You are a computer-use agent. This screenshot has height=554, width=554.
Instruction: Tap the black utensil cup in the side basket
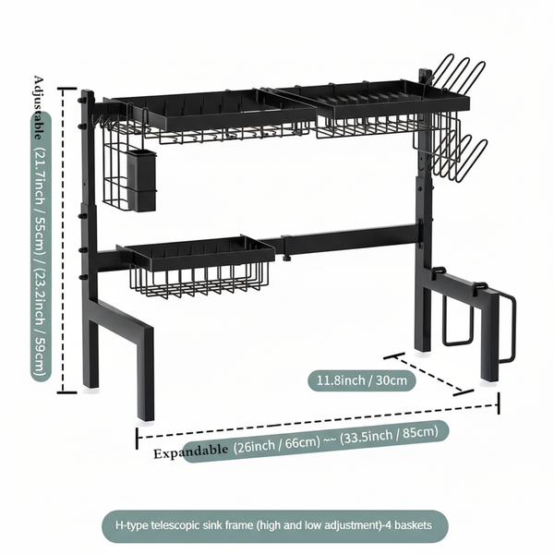tap(142, 179)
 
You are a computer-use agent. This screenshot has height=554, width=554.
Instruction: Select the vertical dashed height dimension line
tap(62, 240)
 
